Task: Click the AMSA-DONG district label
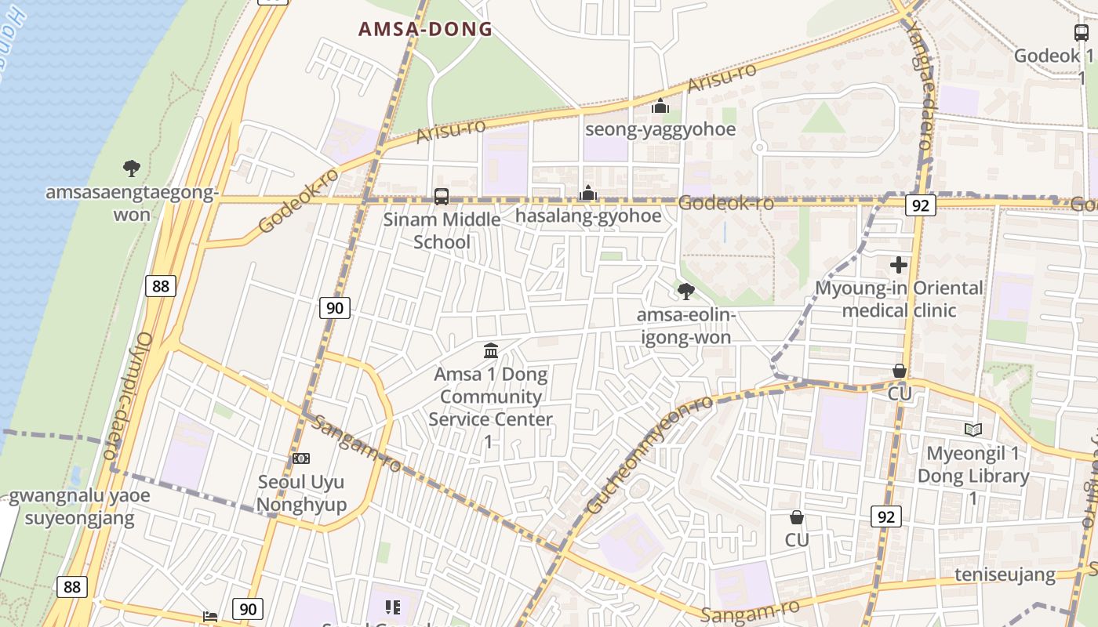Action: pos(425,30)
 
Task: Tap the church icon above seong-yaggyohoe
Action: pos(660,106)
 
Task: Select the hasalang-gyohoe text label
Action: pos(588,216)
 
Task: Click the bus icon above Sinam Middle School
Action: pos(442,196)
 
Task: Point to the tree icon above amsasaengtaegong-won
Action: pos(131,168)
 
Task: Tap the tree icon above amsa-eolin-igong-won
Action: pos(685,292)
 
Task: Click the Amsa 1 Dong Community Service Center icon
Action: pos(491,350)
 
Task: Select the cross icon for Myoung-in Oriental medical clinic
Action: pos(899,265)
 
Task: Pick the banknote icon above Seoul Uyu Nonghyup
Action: pos(301,458)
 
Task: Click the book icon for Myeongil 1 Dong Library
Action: pos(973,429)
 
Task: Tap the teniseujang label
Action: pos(1005,575)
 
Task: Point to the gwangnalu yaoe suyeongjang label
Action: pos(79,506)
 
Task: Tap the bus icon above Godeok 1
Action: pos(1082,33)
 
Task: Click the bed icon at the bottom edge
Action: pos(210,616)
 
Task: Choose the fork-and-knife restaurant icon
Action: pos(393,607)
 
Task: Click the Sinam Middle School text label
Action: pos(442,230)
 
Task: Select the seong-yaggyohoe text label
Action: pos(660,129)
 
